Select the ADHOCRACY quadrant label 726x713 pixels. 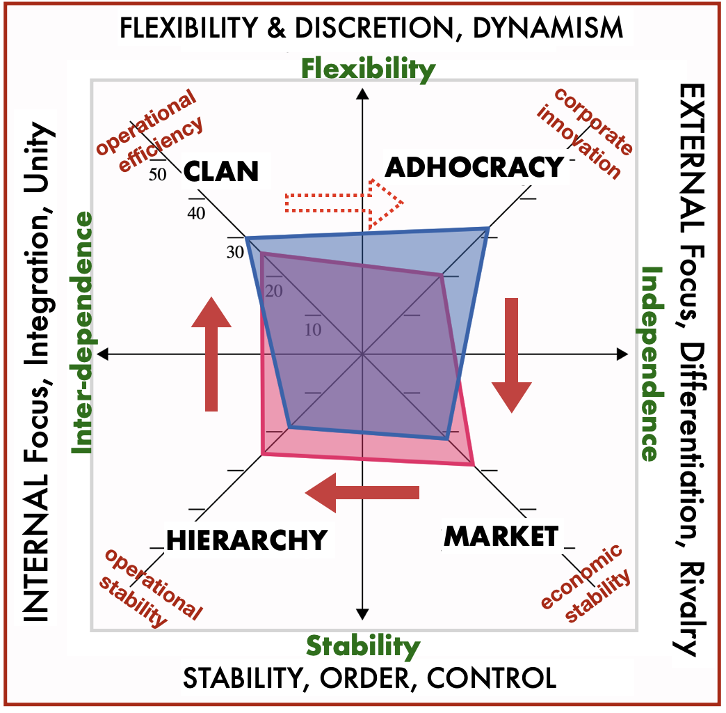[474, 167]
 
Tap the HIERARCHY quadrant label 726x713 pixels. [246, 540]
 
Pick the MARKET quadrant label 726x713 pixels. [501, 536]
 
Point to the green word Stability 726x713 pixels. [364, 646]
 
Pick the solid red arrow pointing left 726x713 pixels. [362, 493]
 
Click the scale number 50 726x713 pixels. [158, 175]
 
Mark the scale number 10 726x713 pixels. [313, 329]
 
